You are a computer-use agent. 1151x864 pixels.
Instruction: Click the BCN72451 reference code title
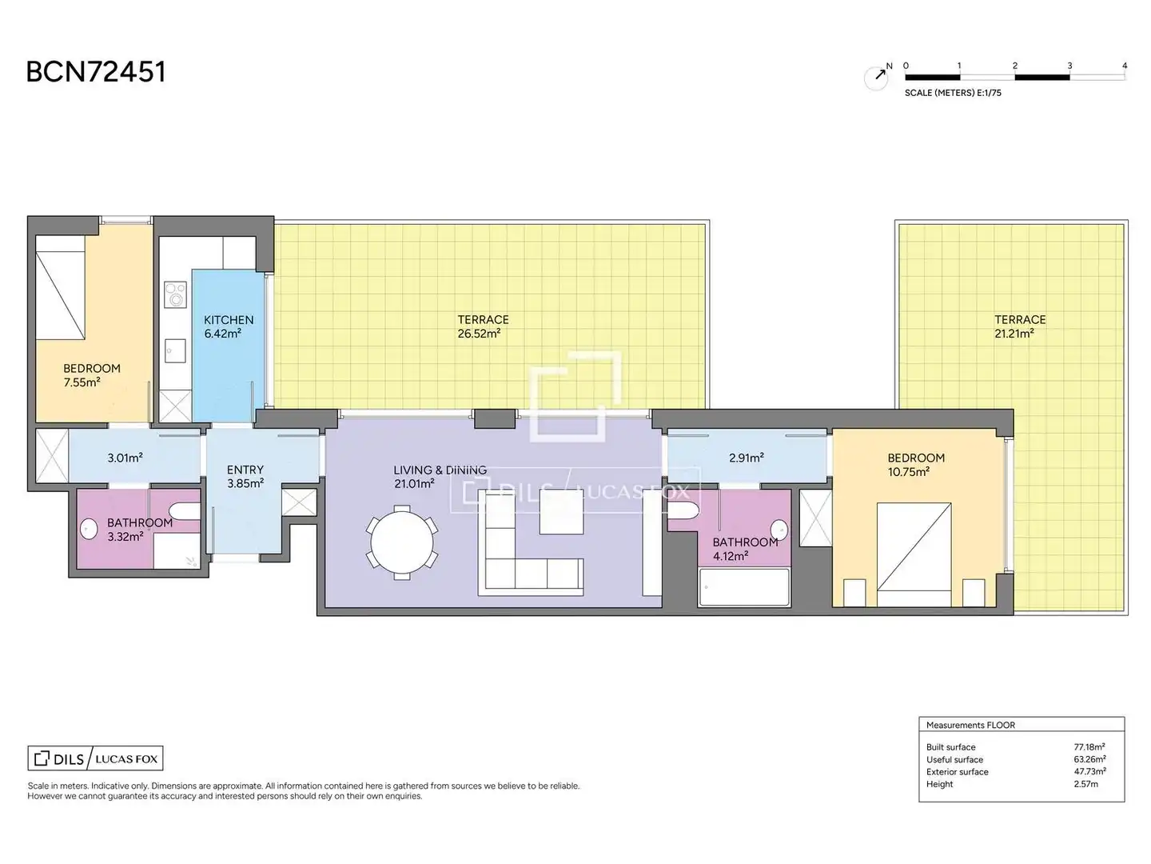point(96,72)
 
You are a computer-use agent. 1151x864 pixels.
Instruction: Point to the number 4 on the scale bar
point(1125,66)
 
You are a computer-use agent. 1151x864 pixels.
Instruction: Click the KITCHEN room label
point(229,319)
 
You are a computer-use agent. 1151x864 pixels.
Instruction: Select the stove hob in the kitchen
point(175,294)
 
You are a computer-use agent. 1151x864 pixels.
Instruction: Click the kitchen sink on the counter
point(175,350)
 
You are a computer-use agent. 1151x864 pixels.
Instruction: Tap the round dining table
point(402,542)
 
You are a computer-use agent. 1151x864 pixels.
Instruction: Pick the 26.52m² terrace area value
point(479,334)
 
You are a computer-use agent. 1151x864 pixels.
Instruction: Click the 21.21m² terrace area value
point(1014,334)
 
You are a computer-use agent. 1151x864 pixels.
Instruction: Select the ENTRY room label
point(245,470)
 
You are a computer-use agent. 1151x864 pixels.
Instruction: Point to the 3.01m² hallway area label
point(125,458)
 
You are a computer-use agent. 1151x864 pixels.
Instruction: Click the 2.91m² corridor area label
point(747,458)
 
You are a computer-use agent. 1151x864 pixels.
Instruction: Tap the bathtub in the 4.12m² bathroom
point(744,587)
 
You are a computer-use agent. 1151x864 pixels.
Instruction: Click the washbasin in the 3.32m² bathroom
point(89,529)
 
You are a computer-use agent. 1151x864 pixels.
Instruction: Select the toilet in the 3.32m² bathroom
point(185,510)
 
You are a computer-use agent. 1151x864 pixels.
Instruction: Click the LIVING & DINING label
point(440,470)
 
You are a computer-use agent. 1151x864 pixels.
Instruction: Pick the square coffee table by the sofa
point(561,511)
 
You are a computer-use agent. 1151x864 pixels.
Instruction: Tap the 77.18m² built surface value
point(1089,746)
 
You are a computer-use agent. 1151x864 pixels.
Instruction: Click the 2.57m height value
point(1085,784)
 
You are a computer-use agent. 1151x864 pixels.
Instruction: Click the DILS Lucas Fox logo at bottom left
point(95,758)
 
